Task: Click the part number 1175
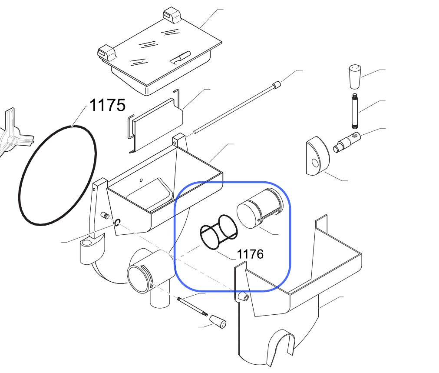(x=108, y=105)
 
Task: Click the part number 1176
(x=250, y=254)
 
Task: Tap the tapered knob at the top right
(x=355, y=77)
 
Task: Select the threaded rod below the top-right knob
(x=355, y=111)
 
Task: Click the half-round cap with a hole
(x=317, y=156)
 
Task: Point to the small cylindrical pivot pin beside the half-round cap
(x=347, y=142)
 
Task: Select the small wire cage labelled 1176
(x=219, y=232)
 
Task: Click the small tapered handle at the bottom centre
(x=219, y=321)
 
